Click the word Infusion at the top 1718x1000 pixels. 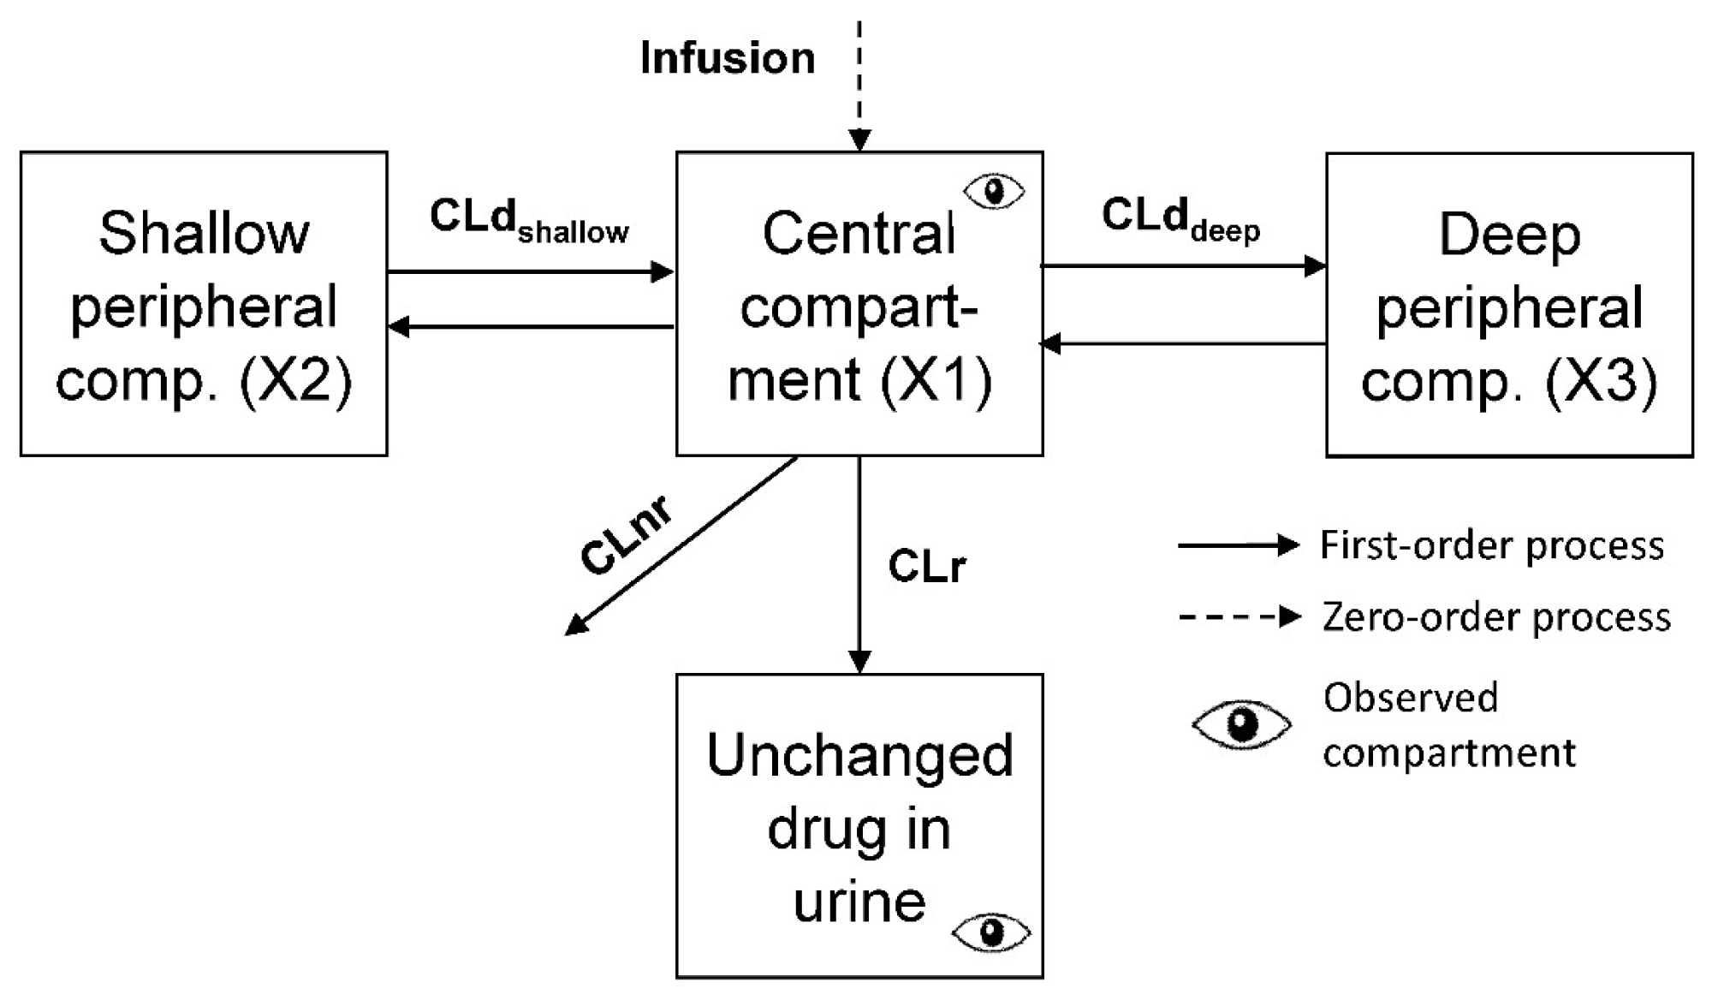(728, 58)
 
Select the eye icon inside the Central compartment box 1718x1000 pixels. (994, 191)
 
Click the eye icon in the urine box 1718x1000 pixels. (990, 932)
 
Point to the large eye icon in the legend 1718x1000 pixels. (1241, 725)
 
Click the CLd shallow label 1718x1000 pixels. (528, 220)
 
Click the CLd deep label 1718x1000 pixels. (1180, 218)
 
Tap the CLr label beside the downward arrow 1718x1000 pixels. (927, 566)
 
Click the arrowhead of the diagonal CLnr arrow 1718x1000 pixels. (575, 627)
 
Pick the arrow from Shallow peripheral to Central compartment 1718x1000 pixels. (531, 272)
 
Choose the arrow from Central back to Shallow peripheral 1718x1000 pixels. (531, 326)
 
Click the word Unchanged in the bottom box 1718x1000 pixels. (859, 756)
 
